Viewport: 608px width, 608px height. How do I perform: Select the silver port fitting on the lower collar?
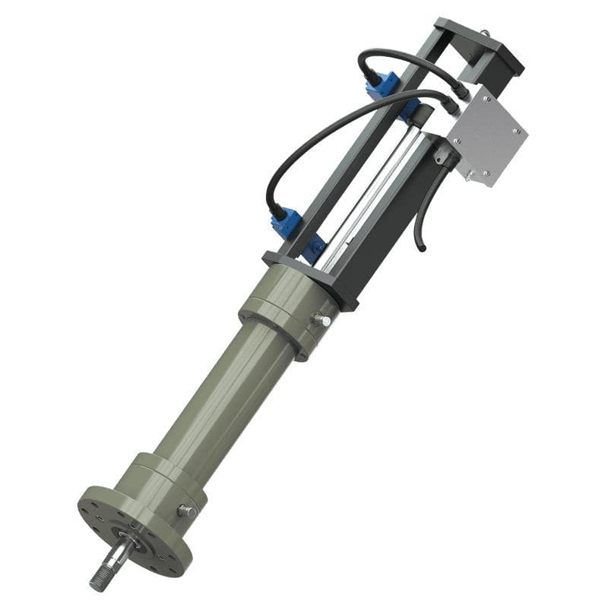[186, 511]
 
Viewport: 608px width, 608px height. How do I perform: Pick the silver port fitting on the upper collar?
[321, 320]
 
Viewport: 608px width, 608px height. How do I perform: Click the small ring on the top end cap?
[483, 32]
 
